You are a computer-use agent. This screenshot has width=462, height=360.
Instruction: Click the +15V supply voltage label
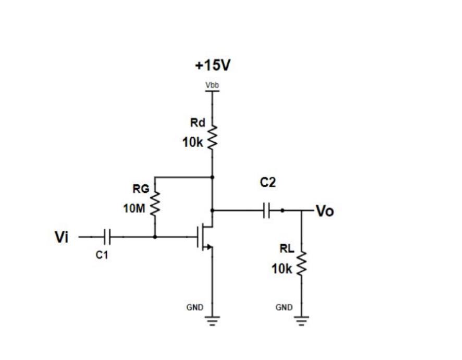click(212, 65)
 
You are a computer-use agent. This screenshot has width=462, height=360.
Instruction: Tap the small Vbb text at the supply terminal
click(212, 85)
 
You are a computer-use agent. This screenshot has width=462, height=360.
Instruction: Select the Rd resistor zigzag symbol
click(212, 138)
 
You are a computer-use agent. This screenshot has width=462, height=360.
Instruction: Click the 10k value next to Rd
click(193, 143)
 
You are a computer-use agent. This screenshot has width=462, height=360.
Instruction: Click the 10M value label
click(134, 209)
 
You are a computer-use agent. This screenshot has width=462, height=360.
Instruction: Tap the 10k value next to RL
click(282, 269)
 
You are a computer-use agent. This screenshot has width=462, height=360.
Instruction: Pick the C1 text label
click(102, 255)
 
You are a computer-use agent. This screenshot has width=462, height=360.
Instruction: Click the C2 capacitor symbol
click(267, 210)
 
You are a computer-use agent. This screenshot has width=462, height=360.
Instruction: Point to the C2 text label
click(268, 183)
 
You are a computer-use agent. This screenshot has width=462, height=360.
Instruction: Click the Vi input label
click(61, 237)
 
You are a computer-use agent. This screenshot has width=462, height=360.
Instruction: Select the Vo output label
click(325, 211)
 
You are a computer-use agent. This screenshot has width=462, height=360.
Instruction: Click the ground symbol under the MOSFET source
click(212, 320)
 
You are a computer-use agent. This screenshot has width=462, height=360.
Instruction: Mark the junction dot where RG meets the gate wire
click(155, 237)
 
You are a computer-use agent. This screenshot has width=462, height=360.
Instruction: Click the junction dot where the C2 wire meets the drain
click(212, 210)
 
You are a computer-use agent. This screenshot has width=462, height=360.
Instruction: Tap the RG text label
click(140, 189)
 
